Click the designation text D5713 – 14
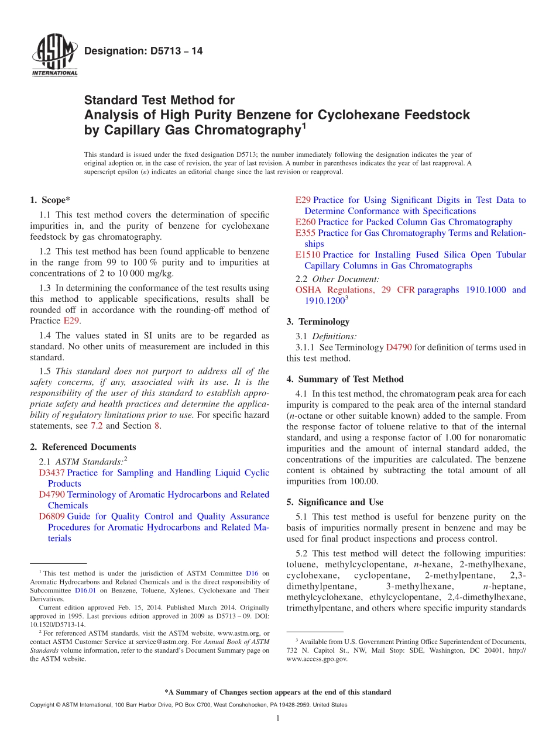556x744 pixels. click(x=144, y=51)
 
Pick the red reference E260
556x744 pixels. click(x=306, y=222)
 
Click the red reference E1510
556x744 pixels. click(x=308, y=255)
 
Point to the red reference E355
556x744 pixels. click(x=306, y=233)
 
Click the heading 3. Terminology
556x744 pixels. click(x=318, y=322)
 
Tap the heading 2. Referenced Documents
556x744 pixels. click(x=83, y=447)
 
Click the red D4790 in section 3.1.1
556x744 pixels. click(x=399, y=347)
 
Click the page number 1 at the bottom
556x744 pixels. click(x=278, y=718)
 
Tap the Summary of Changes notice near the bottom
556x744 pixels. click(x=277, y=693)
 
